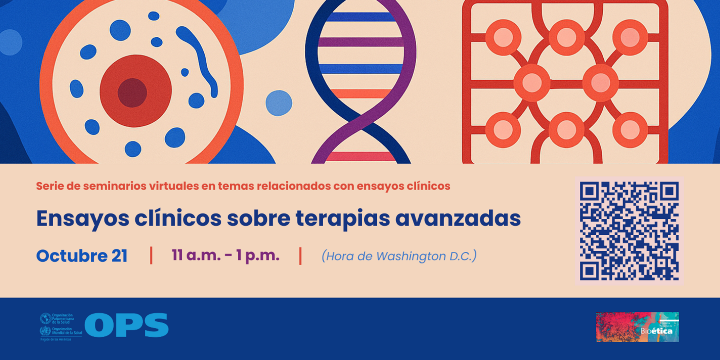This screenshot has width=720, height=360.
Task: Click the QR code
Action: [x=629, y=231]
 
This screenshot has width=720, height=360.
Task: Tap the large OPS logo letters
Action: [x=126, y=325]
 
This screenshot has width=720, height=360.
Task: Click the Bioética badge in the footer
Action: [x=637, y=327]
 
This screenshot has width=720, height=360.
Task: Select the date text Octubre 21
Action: [x=82, y=256]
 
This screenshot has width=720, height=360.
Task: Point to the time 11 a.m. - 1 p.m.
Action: [x=226, y=256]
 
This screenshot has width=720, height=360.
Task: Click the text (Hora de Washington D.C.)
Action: [x=399, y=256]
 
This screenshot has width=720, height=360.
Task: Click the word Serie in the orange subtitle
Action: [x=50, y=186]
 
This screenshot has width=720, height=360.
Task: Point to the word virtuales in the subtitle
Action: [x=172, y=186]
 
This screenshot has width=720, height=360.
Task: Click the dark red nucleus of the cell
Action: [x=132, y=93]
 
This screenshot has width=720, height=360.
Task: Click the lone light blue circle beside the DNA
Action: [x=279, y=103]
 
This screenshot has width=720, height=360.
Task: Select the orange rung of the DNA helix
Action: [x=361, y=94]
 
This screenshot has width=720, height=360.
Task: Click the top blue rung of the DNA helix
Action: [x=361, y=17]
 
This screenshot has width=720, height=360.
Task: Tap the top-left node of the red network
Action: [x=503, y=38]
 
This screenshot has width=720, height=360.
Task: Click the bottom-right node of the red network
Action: [x=630, y=130]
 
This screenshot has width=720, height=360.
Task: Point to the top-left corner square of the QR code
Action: [x=591, y=192]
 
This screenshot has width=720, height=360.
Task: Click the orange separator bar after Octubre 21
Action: [x=151, y=255]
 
